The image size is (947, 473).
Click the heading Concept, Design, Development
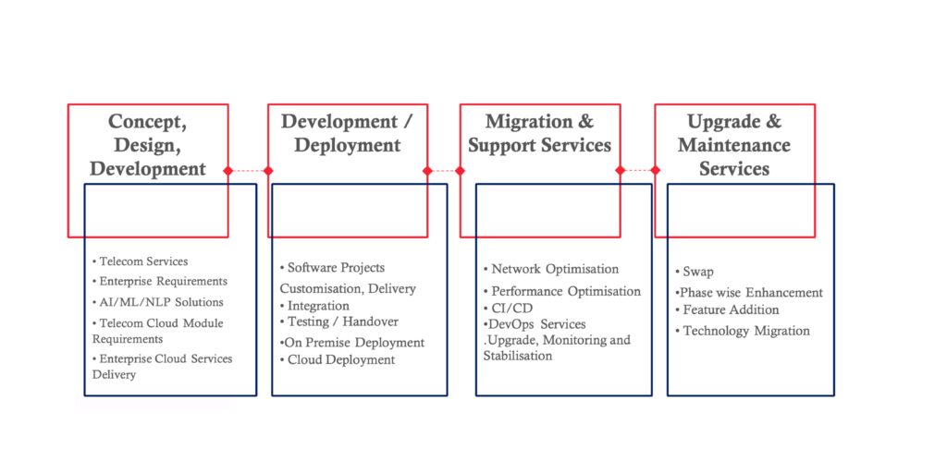click(x=147, y=145)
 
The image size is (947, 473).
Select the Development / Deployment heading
click(x=348, y=133)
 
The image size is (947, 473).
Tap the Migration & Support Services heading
click(x=540, y=133)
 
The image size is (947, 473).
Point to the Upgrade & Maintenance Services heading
click(x=734, y=145)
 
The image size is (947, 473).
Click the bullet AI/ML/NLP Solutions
click(x=157, y=302)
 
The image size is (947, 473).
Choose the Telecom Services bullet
click(x=141, y=261)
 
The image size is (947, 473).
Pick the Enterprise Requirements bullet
click(x=160, y=281)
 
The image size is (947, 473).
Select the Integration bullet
click(x=314, y=306)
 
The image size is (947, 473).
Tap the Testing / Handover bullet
click(x=339, y=321)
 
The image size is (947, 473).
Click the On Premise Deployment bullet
click(x=352, y=343)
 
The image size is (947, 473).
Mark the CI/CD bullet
click(x=509, y=309)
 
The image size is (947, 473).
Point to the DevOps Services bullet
click(x=535, y=324)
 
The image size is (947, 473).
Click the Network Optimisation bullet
click(x=551, y=269)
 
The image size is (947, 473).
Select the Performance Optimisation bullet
click(x=562, y=291)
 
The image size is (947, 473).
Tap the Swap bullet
click(x=695, y=272)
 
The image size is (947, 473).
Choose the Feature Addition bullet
click(x=727, y=310)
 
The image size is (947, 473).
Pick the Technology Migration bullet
click(x=743, y=332)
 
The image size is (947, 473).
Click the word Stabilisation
click(x=518, y=356)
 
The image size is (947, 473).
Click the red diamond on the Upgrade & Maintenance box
click(x=656, y=171)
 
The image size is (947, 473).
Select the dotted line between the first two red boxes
click(x=248, y=171)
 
